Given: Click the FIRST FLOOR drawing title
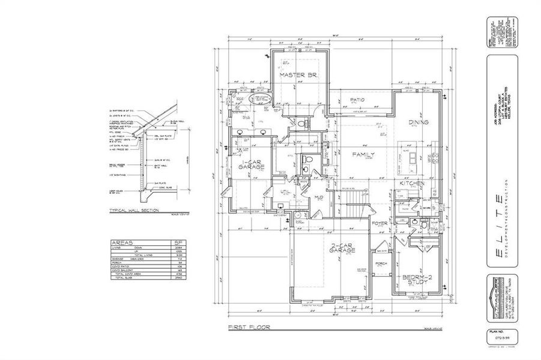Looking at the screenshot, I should pyautogui.click(x=249, y=328).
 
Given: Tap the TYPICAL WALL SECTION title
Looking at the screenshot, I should pyautogui.click(x=134, y=211).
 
